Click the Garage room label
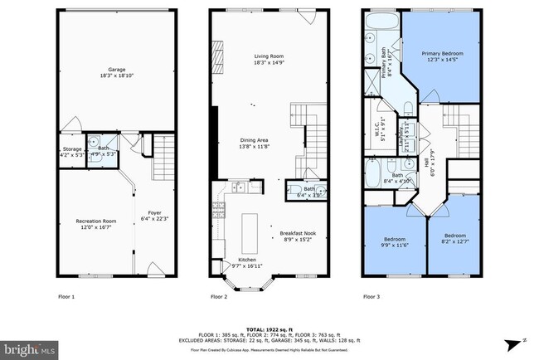pos(117,73)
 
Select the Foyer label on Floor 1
pos(155,215)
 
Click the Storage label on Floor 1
pos(72,152)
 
